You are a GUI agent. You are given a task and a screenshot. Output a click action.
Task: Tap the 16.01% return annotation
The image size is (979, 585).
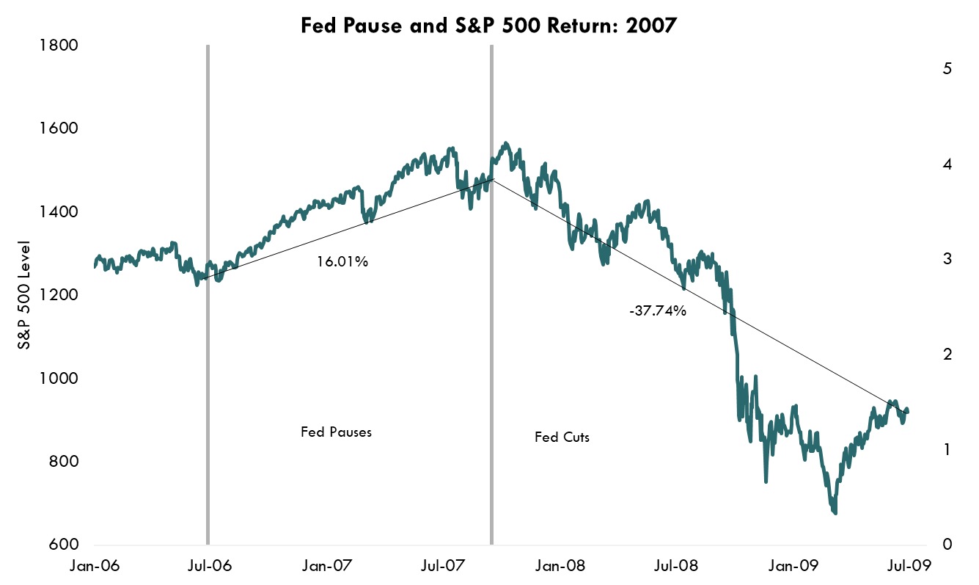click(x=342, y=261)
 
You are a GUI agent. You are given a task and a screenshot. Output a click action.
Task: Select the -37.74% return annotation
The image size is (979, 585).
click(x=657, y=310)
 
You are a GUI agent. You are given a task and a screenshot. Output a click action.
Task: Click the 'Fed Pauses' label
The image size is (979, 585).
click(x=336, y=432)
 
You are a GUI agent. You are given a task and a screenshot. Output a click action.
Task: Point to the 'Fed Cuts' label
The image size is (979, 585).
click(x=562, y=437)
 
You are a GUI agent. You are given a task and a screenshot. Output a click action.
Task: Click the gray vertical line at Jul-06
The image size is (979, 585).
click(x=208, y=294)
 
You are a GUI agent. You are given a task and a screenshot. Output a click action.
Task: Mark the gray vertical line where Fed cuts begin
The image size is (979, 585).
click(x=491, y=294)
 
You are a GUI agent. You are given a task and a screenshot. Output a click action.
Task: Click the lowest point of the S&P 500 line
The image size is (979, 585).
click(x=835, y=512)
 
